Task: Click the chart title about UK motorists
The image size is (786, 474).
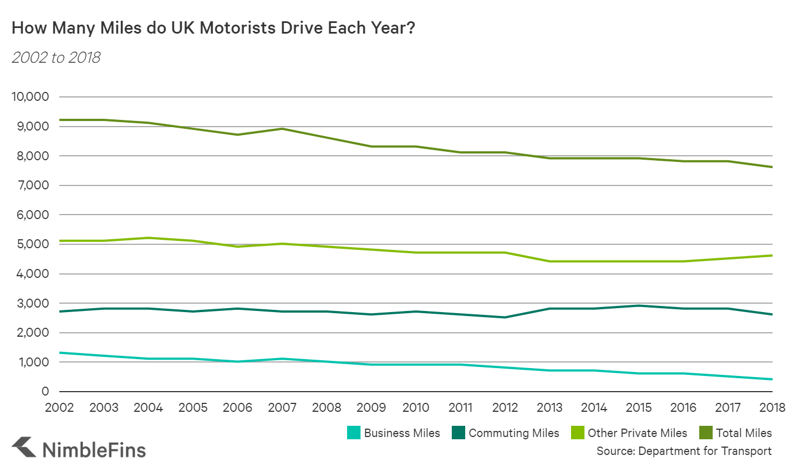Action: point(213,28)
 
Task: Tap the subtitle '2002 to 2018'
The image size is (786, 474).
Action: point(56,58)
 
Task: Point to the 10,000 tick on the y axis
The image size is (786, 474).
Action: point(30,97)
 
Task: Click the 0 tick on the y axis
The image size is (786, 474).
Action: point(45,392)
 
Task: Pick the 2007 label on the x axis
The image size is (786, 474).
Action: point(282,407)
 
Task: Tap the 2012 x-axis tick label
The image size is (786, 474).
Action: point(505,407)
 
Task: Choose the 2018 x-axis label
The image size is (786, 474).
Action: point(772,407)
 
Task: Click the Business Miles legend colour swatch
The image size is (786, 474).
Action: point(353,433)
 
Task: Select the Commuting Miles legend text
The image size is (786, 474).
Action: point(514,433)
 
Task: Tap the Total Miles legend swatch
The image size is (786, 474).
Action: point(706,433)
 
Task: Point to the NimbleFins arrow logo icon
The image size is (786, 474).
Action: point(24,448)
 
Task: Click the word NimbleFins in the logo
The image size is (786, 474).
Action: point(94,450)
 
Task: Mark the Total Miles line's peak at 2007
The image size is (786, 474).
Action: point(282,129)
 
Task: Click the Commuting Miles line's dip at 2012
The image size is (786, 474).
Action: point(505,317)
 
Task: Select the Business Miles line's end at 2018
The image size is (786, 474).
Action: point(772,379)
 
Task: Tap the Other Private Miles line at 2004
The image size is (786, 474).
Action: point(148,238)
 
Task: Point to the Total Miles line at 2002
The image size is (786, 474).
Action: point(60,120)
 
